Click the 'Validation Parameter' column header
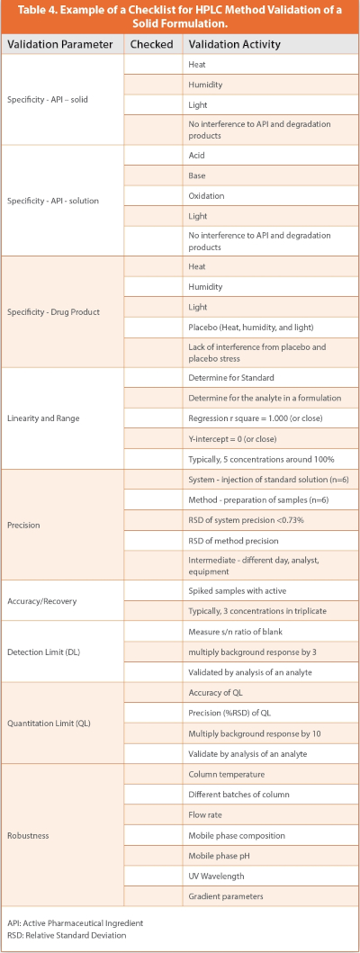60,44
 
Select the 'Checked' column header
151,44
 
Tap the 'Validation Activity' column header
234,44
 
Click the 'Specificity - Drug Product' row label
53,311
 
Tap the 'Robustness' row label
29,835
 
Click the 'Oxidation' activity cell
207,195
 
